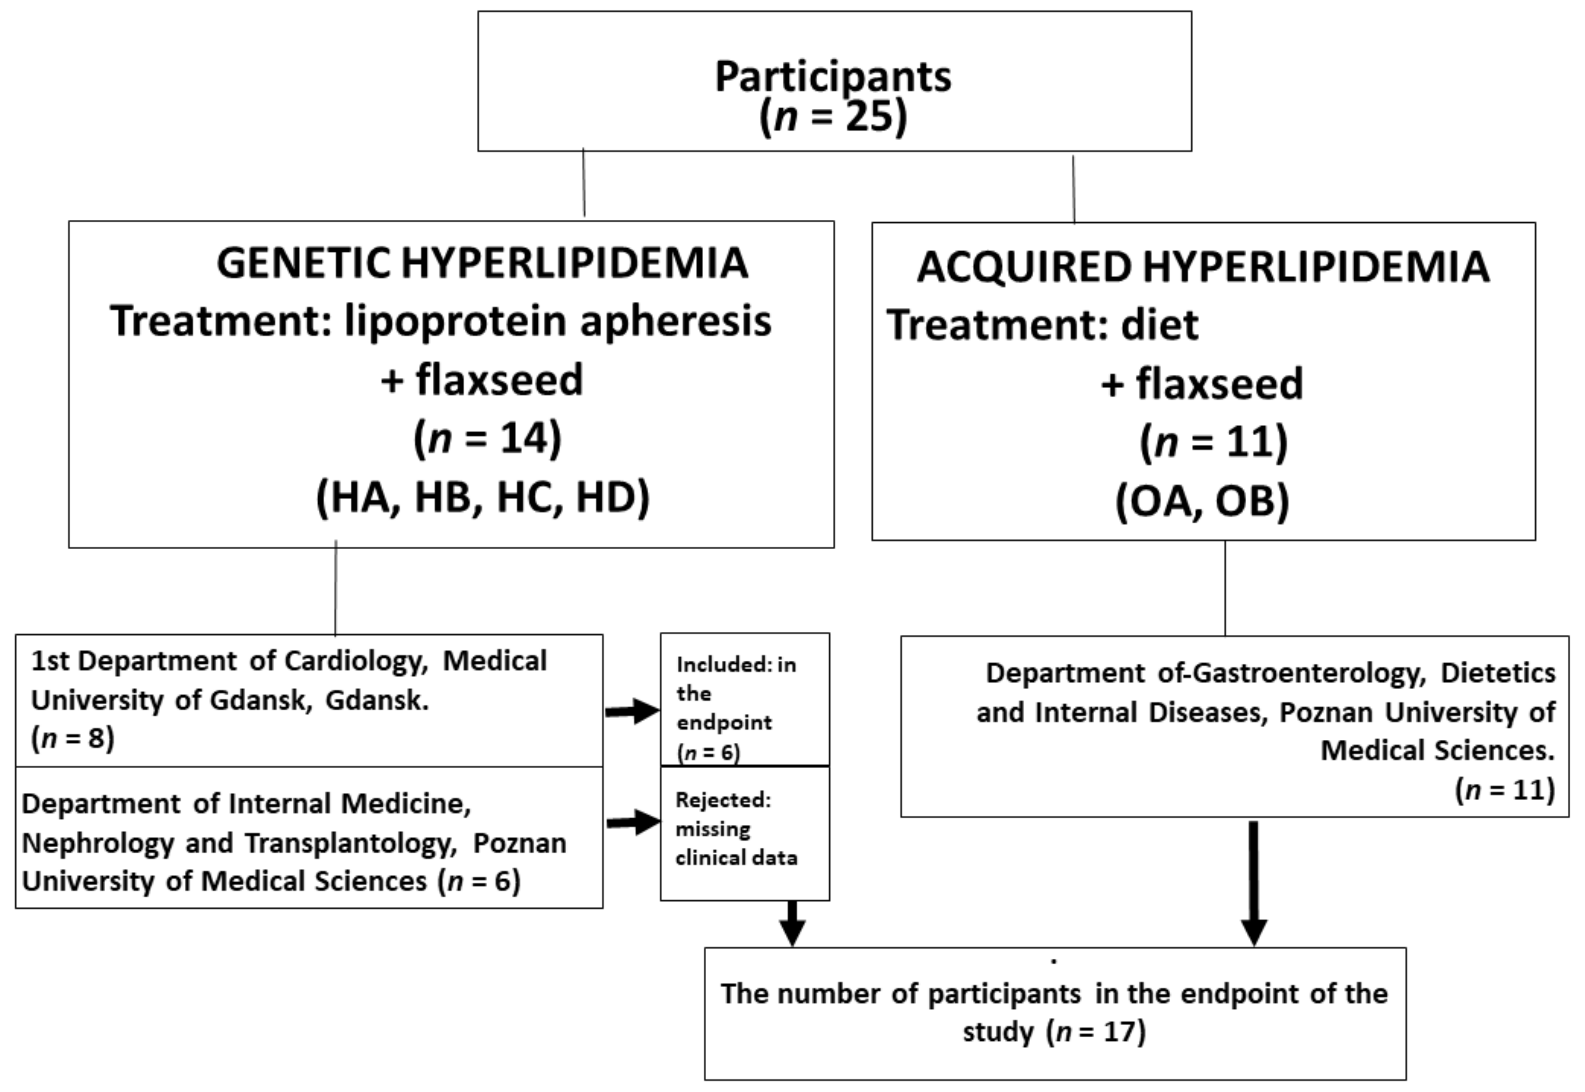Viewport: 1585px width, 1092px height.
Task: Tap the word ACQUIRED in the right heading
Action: (1024, 268)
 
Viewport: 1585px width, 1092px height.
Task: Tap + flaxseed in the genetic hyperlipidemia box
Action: (481, 380)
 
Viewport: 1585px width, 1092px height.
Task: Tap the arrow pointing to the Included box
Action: (631, 712)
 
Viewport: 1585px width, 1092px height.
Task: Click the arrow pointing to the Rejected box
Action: (633, 822)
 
